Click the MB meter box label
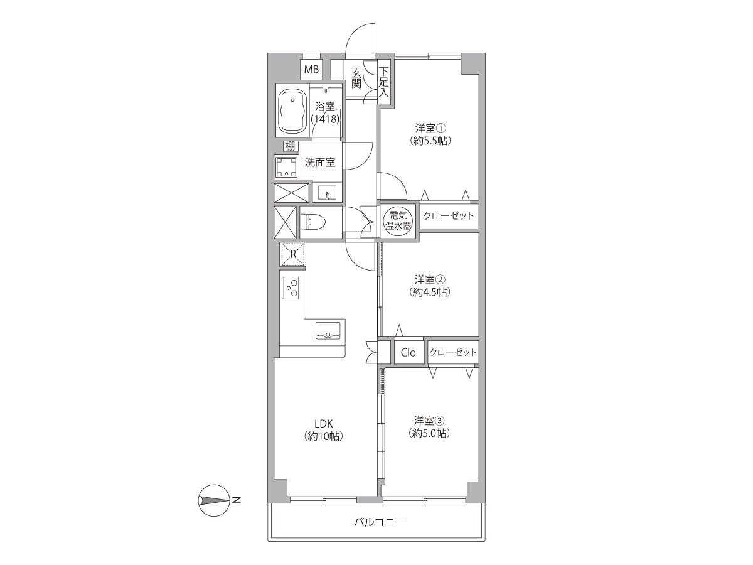[x=311, y=70]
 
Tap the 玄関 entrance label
[x=356, y=78]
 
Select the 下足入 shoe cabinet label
[x=383, y=82]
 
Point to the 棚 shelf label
[x=290, y=146]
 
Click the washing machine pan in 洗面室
[x=286, y=166]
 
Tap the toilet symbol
[x=314, y=222]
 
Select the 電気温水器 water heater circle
[x=398, y=220]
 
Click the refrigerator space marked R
[x=292, y=254]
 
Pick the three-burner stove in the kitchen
[x=291, y=288]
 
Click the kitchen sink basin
[x=328, y=330]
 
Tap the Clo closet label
[x=409, y=352]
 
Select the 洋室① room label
[x=430, y=129]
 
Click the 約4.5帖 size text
[x=430, y=292]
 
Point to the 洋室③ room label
[x=429, y=420]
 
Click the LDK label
[x=324, y=424]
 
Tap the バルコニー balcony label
[x=380, y=522]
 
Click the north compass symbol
[x=214, y=500]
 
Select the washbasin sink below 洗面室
[x=328, y=193]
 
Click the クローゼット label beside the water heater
[x=449, y=216]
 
